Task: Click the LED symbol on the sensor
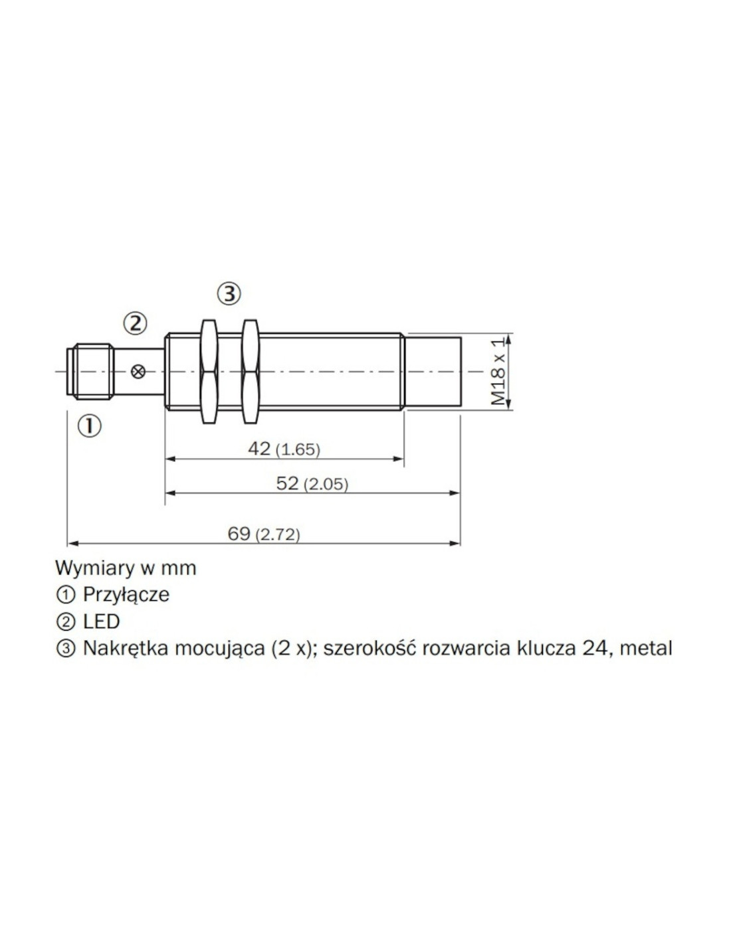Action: click(x=138, y=372)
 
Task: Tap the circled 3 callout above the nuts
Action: click(x=229, y=294)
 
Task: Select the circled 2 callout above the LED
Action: click(x=136, y=324)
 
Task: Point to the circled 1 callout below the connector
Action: click(x=90, y=426)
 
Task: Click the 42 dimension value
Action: click(x=259, y=449)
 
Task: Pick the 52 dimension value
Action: click(x=288, y=483)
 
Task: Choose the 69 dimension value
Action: click(x=239, y=534)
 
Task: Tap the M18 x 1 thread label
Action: click(x=499, y=372)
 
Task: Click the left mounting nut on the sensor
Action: click(x=209, y=372)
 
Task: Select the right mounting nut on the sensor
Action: click(x=250, y=372)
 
